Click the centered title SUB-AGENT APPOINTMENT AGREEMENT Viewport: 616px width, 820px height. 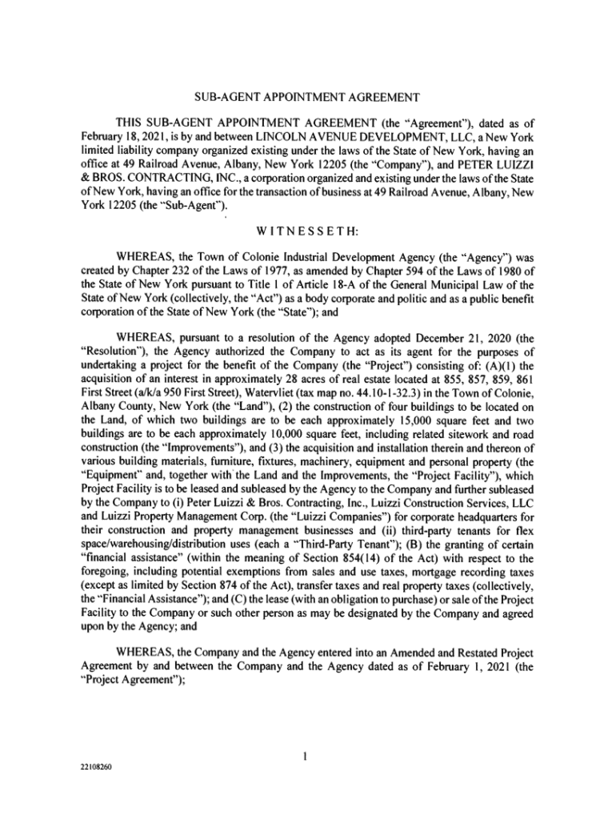pyautogui.click(x=307, y=98)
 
